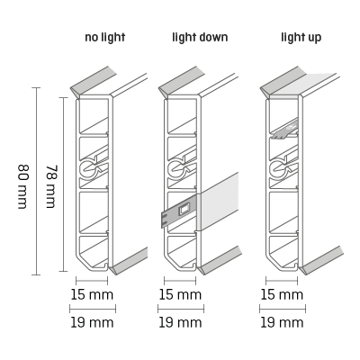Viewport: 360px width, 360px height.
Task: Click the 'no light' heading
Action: (104, 38)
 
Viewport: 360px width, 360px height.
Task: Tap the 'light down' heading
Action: (200, 38)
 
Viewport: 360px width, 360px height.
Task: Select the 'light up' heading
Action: (301, 38)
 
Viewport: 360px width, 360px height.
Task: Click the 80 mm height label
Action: (22, 186)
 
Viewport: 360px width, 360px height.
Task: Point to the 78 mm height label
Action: (50, 186)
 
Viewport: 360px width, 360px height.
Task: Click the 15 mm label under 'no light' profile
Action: (92, 294)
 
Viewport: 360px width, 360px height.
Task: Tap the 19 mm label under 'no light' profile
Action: (92, 322)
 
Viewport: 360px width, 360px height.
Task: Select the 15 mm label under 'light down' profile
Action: (180, 294)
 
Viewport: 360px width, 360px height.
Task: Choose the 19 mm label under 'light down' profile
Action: (180, 322)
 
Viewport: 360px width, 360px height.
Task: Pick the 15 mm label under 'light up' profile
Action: (282, 294)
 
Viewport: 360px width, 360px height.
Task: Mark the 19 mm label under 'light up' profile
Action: (282, 322)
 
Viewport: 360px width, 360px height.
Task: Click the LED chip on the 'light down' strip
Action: (184, 210)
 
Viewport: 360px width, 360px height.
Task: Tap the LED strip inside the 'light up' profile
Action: (285, 130)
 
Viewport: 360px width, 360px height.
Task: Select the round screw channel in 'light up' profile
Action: (277, 169)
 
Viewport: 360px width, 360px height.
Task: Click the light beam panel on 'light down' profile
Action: (219, 201)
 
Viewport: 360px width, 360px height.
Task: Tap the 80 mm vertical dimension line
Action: (36, 181)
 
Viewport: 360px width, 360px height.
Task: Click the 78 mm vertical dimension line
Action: (63, 184)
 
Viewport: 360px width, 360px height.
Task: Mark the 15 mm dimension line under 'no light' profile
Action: (92, 281)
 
